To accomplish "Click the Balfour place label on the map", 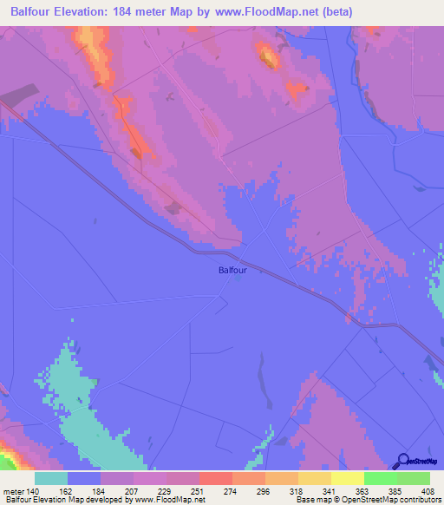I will (232, 271).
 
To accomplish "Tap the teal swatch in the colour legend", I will (51, 478).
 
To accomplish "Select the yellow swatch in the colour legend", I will (347, 478).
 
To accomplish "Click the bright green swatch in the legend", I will (380, 478).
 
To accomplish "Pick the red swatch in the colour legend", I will (215, 478).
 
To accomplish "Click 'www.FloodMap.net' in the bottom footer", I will (170, 500).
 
